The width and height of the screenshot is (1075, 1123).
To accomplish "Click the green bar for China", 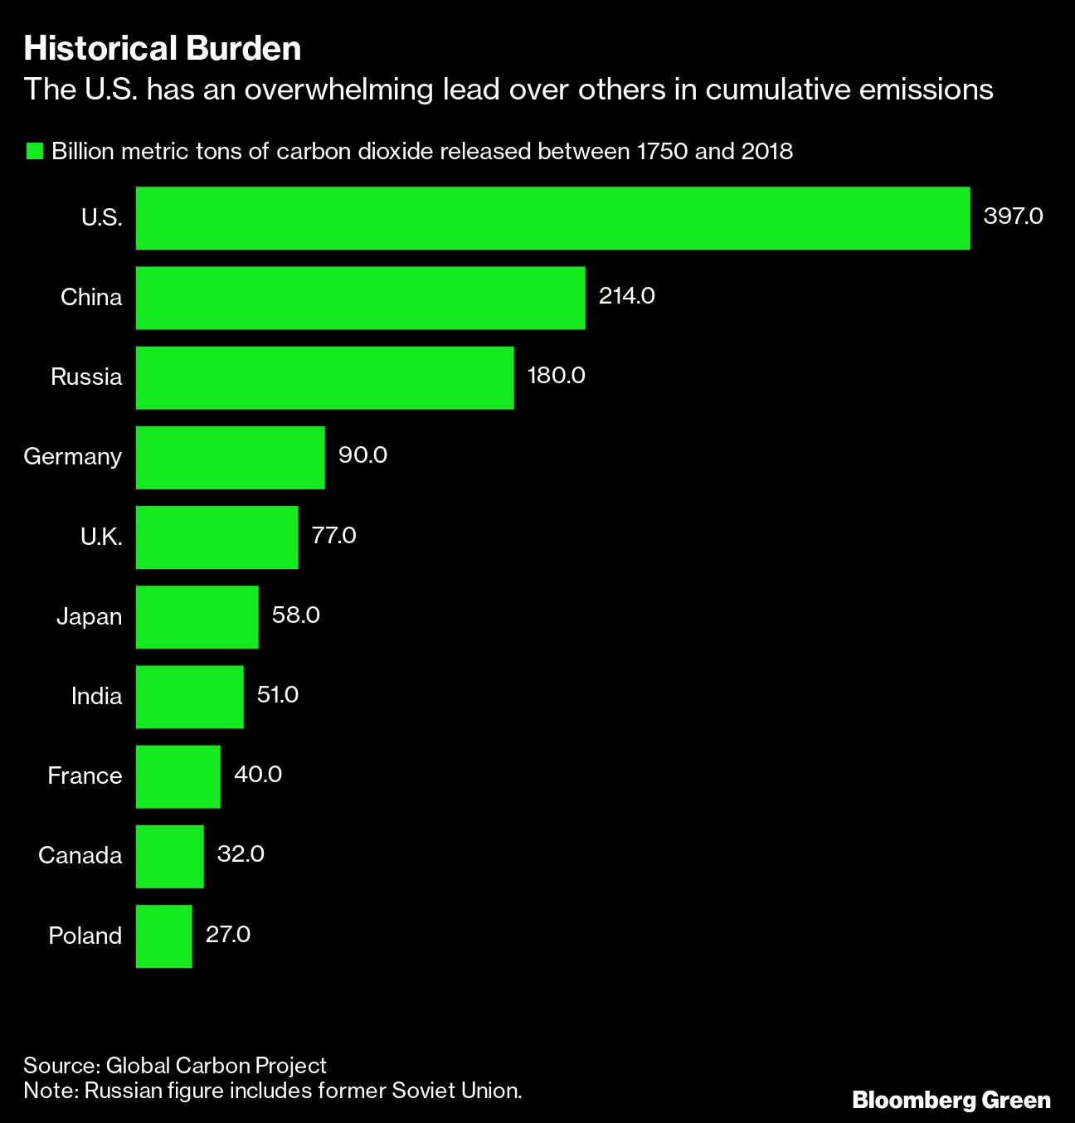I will click(x=360, y=298).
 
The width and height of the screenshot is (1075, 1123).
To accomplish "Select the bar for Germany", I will click(x=231, y=457).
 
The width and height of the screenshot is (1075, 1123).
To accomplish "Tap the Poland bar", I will click(x=164, y=936).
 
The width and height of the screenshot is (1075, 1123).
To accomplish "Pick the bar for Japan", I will click(x=197, y=616).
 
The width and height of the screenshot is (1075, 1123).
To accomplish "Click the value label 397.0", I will click(x=1013, y=216).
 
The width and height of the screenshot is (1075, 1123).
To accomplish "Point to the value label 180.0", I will click(x=556, y=376).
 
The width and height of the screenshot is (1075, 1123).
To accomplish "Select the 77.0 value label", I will click(x=333, y=536).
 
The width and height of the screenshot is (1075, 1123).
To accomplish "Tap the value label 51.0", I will click(x=277, y=695).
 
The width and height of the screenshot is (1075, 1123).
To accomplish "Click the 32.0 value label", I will click(x=241, y=854).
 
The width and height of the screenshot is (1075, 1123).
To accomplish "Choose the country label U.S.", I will click(x=101, y=218).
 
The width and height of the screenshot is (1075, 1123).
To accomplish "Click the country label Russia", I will click(x=86, y=377).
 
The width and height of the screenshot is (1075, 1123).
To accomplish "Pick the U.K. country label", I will click(x=101, y=537).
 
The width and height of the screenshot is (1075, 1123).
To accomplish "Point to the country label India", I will click(x=96, y=697).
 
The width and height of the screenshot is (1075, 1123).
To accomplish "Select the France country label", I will click(x=85, y=776).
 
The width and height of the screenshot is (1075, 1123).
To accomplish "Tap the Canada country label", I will click(x=80, y=856).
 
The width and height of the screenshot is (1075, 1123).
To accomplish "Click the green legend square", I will click(x=35, y=151).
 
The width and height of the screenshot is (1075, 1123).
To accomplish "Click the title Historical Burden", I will click(x=163, y=49).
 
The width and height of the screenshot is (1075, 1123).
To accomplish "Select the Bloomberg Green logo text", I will click(x=951, y=1101).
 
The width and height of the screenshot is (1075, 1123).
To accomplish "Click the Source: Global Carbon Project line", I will click(x=175, y=1066).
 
